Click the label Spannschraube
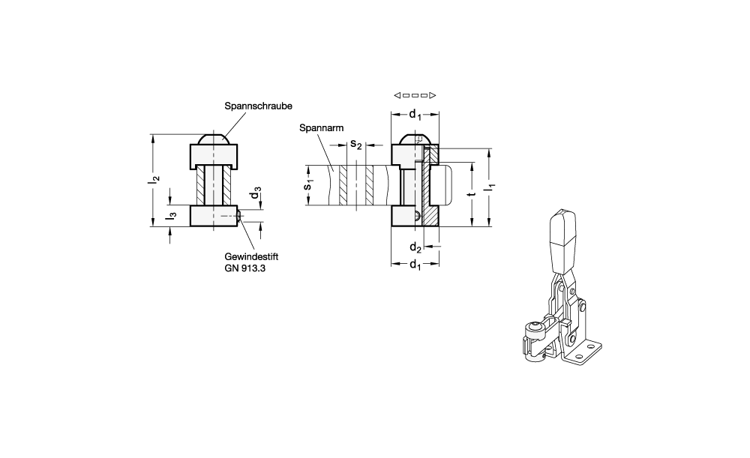(x=258, y=106)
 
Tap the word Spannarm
(x=322, y=128)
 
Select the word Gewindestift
(x=251, y=256)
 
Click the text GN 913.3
(x=245, y=268)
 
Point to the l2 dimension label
(x=154, y=180)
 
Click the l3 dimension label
(x=171, y=216)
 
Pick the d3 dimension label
(x=256, y=193)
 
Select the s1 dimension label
(x=309, y=184)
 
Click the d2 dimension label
(x=415, y=247)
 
